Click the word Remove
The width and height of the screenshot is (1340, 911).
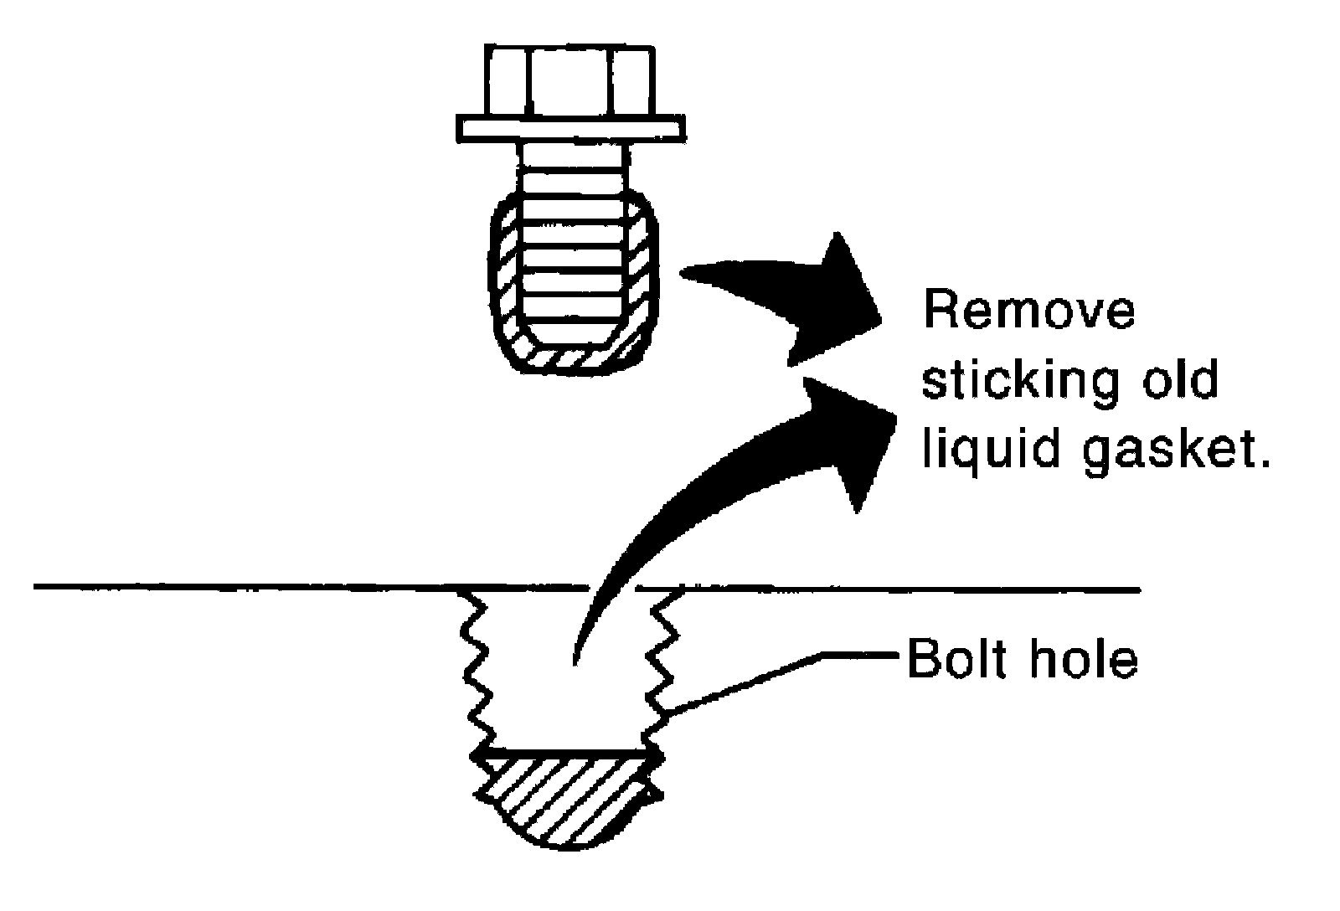1029,311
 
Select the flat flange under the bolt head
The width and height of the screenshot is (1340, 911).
569,128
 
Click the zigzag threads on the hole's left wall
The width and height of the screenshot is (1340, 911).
473,670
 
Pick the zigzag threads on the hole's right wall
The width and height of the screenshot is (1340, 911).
658,670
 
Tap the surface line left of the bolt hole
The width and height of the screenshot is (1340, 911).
251,586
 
